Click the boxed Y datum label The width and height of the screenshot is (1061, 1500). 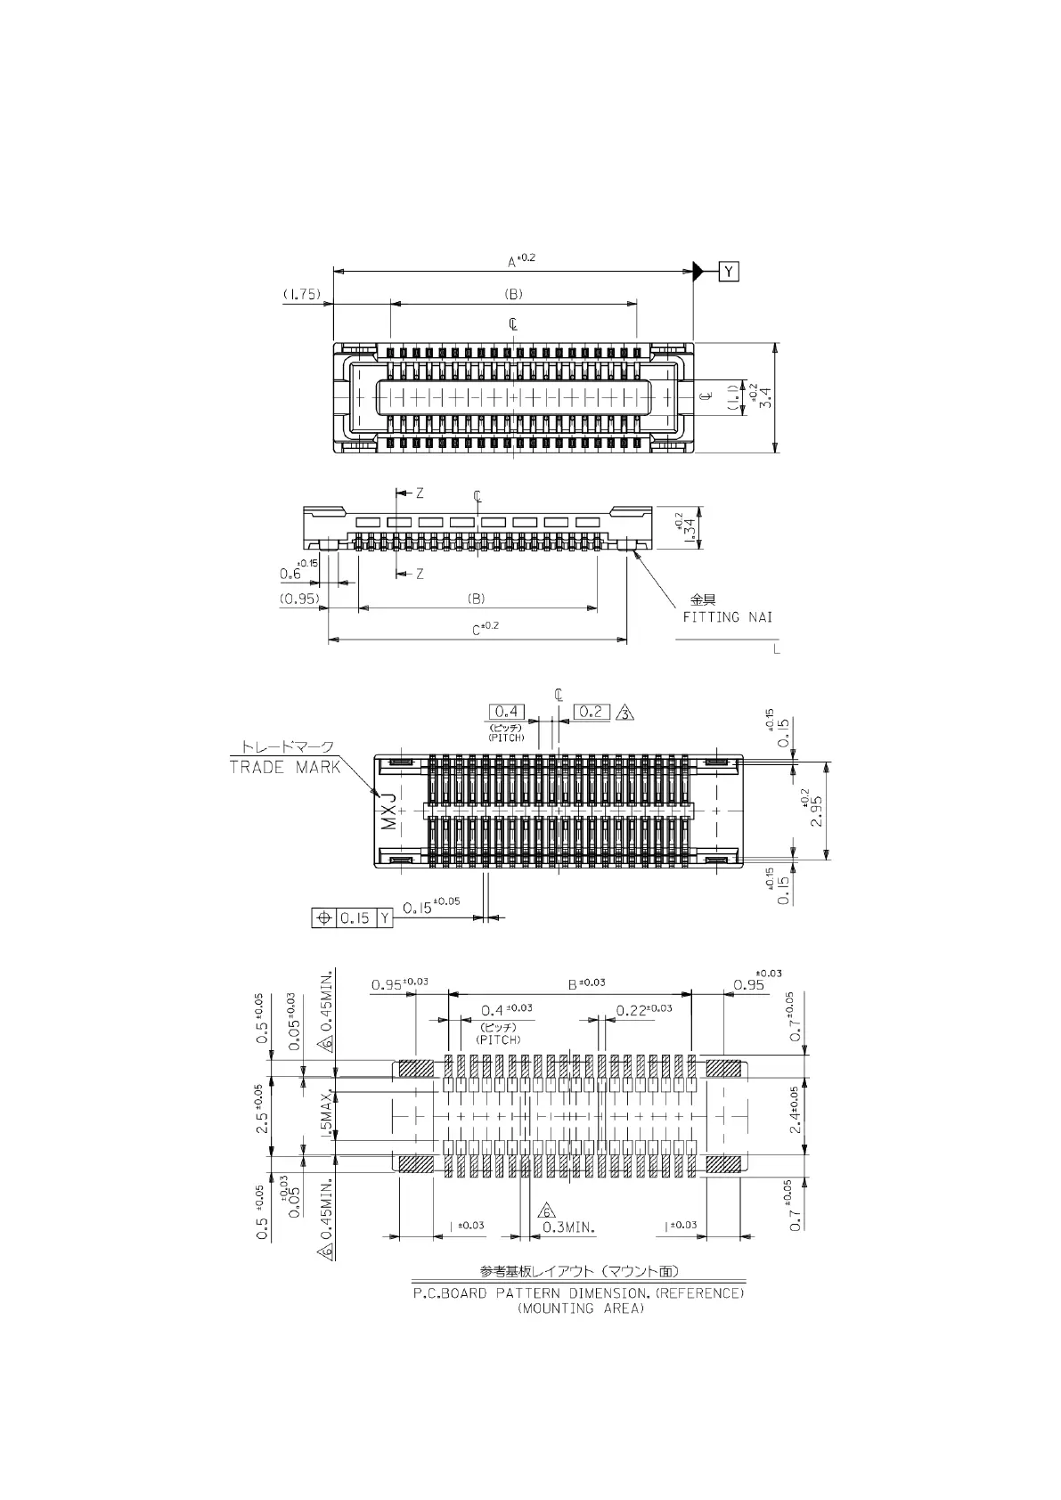click(x=729, y=272)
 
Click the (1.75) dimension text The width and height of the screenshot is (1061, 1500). click(x=302, y=294)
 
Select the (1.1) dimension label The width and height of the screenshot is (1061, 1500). click(x=732, y=397)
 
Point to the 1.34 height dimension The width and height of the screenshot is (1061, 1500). click(x=690, y=528)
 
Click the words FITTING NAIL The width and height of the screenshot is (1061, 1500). click(x=727, y=616)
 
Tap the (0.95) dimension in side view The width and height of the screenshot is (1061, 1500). click(x=299, y=599)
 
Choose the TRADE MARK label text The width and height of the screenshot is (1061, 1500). click(x=285, y=767)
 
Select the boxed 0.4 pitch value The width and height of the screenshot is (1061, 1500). click(x=506, y=711)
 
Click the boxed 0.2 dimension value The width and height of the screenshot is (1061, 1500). click(x=592, y=711)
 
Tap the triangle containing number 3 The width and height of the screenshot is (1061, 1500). click(x=625, y=713)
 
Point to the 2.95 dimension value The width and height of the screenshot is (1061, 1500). click(x=817, y=811)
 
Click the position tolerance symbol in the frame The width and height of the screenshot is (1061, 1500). click(x=323, y=917)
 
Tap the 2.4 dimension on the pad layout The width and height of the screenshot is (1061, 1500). click(x=796, y=1110)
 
